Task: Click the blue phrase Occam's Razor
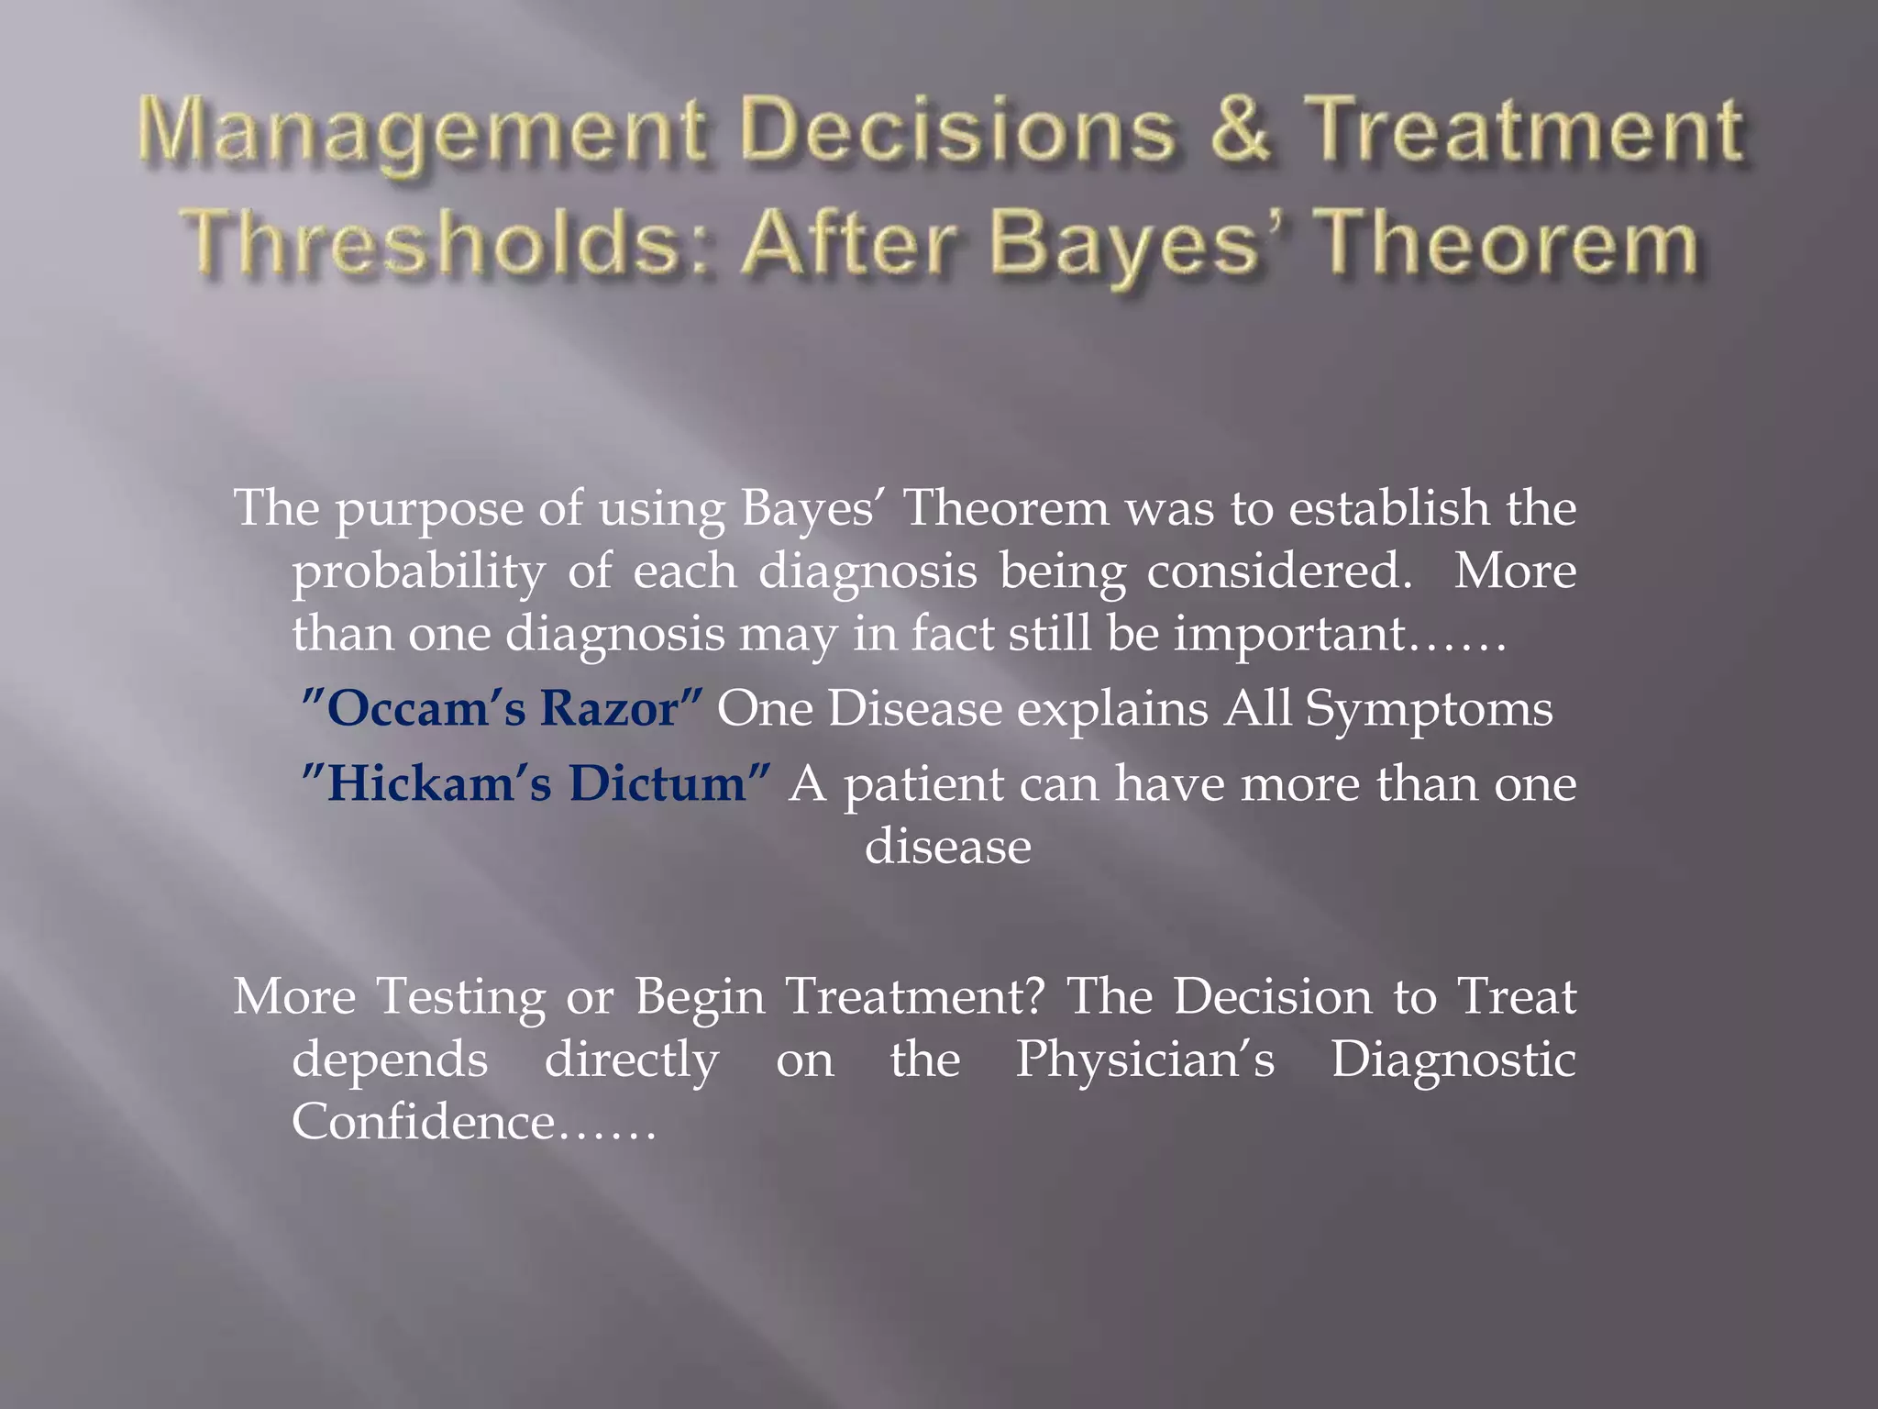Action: (x=503, y=709)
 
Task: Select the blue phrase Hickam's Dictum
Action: (x=536, y=784)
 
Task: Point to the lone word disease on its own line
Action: (x=947, y=847)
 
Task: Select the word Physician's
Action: (x=1144, y=1060)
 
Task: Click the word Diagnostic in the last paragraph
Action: (x=1453, y=1060)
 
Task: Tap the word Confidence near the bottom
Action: (x=423, y=1122)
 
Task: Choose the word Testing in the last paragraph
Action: (x=460, y=997)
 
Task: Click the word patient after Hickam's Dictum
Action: (x=924, y=786)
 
